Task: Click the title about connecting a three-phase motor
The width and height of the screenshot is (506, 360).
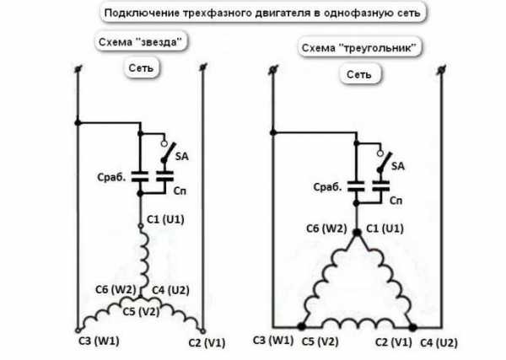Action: pyautogui.click(x=262, y=13)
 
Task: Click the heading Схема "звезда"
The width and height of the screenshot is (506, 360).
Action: pyautogui.click(x=140, y=42)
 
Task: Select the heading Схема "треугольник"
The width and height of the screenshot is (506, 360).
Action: pyautogui.click(x=358, y=48)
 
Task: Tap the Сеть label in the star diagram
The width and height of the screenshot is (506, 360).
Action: pyautogui.click(x=141, y=67)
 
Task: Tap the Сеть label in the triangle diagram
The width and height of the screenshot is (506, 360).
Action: pyautogui.click(x=359, y=74)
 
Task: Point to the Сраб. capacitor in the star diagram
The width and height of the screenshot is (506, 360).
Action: pyautogui.click(x=140, y=177)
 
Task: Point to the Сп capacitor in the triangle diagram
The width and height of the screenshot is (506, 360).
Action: pyautogui.click(x=381, y=186)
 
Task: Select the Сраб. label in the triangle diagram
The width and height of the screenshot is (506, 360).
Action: pyautogui.click(x=327, y=187)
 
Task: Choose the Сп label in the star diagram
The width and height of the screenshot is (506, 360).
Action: pyautogui.click(x=180, y=191)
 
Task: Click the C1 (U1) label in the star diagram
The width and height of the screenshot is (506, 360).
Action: pyautogui.click(x=165, y=220)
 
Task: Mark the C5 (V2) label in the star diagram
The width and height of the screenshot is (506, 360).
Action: pyautogui.click(x=141, y=312)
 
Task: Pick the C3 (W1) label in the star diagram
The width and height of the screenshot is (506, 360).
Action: pyautogui.click(x=99, y=341)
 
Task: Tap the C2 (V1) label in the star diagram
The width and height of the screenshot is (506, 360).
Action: pyautogui.click(x=207, y=343)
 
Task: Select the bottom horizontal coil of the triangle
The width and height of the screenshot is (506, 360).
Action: pyautogui.click(x=357, y=324)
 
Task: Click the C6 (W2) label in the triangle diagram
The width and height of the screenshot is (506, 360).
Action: pyautogui.click(x=326, y=228)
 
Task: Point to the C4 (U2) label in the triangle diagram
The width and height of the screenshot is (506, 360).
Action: pyautogui.click(x=439, y=343)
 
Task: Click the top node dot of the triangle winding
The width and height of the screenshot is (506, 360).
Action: pyautogui.click(x=357, y=232)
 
